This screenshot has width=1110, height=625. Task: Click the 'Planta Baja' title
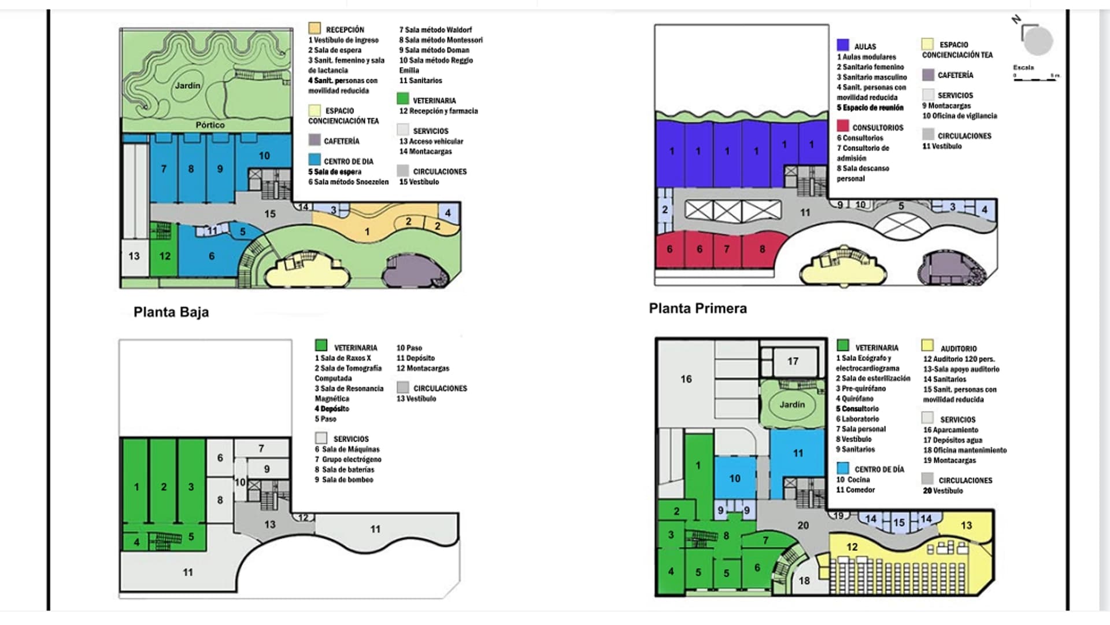click(171, 312)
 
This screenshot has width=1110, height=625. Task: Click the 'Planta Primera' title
click(698, 308)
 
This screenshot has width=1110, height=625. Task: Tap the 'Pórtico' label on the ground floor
click(210, 125)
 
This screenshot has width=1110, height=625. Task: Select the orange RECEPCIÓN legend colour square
click(314, 28)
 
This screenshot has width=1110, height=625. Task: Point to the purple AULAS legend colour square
click(843, 45)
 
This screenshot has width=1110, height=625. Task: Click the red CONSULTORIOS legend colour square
click(843, 126)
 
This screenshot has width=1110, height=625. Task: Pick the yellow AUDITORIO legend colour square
click(927, 346)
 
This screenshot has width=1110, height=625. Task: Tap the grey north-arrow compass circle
click(1038, 41)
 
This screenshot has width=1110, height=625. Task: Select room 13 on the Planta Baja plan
click(134, 256)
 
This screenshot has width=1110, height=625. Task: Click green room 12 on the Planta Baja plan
click(165, 256)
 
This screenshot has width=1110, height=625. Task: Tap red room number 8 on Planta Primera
click(762, 249)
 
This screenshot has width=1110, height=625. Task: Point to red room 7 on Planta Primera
click(727, 249)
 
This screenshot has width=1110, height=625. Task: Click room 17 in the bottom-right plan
click(793, 362)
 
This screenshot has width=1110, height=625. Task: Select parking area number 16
click(686, 379)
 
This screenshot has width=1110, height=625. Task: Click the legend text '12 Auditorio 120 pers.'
click(959, 359)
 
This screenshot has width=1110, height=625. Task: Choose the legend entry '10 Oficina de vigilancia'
click(960, 116)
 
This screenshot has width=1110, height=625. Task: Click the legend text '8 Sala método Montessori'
click(441, 41)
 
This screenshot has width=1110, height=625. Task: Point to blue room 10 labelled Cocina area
click(735, 479)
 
